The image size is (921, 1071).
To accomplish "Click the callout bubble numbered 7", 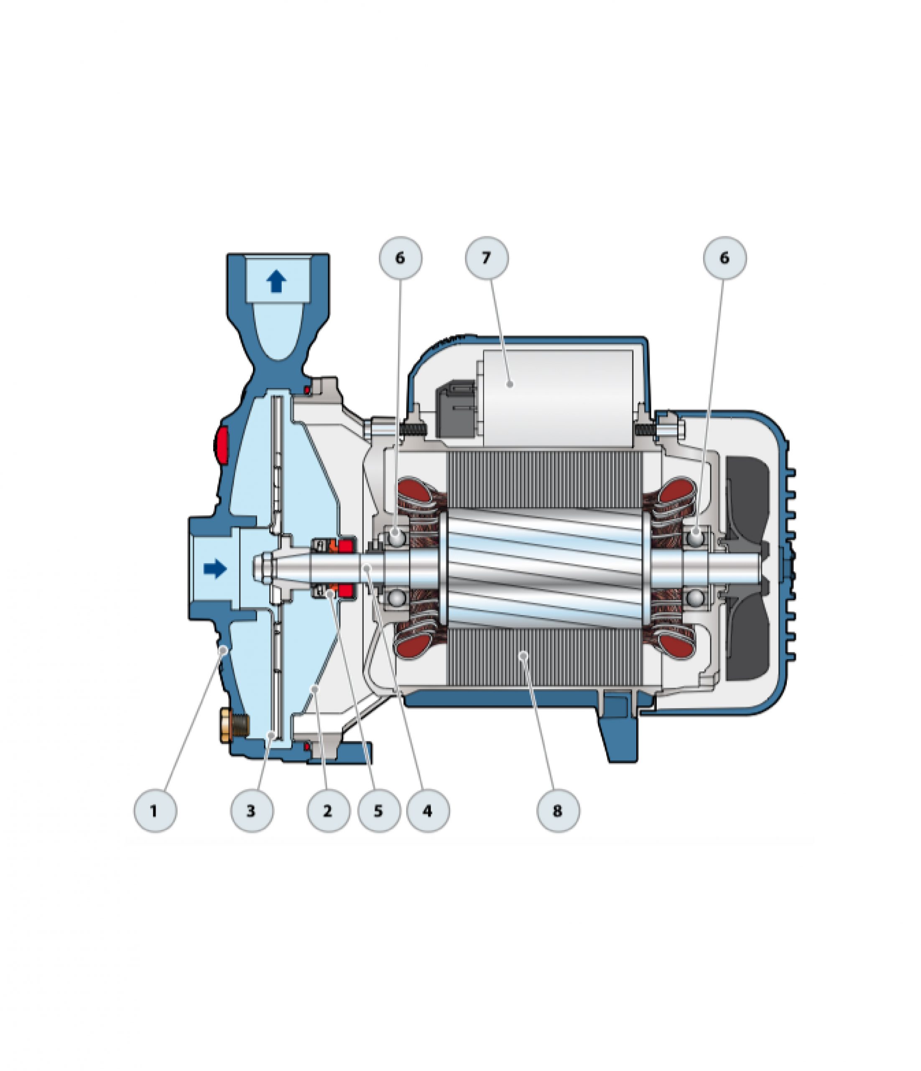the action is point(487,258).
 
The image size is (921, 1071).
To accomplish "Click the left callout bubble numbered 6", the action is point(401,258).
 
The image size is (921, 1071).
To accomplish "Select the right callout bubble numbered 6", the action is point(725,258).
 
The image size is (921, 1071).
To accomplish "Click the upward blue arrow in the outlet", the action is point(276,282).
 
